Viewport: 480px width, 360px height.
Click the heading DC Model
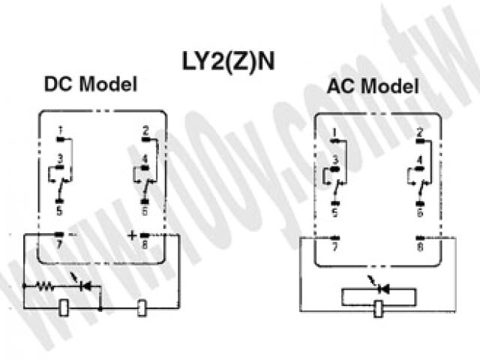coord(91,84)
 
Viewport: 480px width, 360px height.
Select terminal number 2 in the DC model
coord(146,129)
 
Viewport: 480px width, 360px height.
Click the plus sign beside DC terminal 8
coord(132,235)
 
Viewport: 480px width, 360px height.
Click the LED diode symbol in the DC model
coord(84,286)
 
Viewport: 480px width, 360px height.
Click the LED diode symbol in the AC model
coord(382,287)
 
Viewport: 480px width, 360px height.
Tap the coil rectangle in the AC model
coord(380,307)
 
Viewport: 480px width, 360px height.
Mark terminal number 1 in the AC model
coord(334,134)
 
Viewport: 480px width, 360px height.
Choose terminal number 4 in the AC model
coord(420,160)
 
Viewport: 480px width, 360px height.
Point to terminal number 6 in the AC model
coord(420,212)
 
